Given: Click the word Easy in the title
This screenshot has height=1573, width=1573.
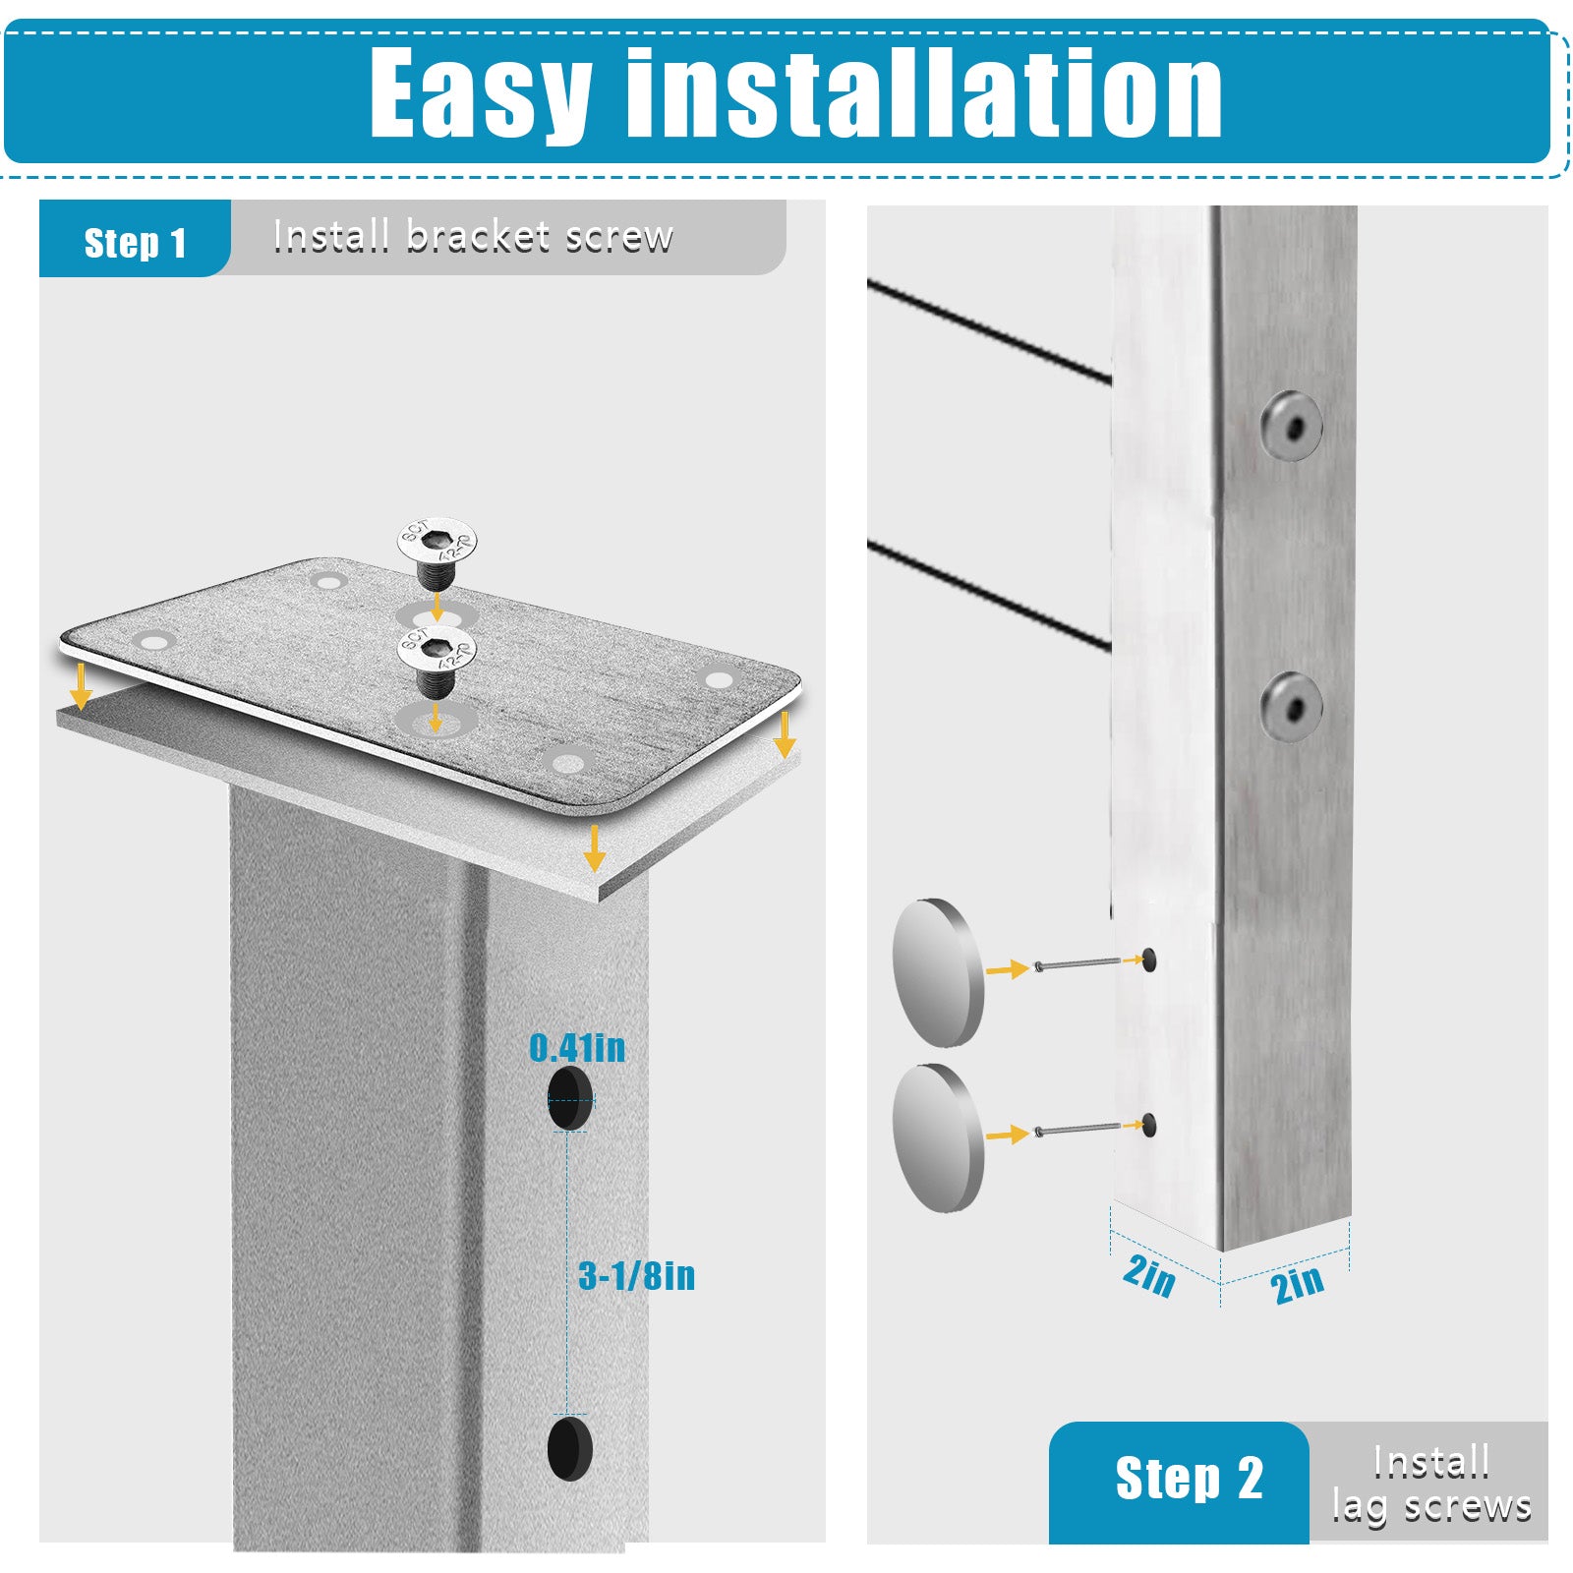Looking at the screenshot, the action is [480, 93].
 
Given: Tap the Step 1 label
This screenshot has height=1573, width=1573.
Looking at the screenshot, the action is [135, 243].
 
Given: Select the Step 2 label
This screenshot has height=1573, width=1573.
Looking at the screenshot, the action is [1189, 1478].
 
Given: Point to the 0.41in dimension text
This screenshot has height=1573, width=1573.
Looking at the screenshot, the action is [577, 1048].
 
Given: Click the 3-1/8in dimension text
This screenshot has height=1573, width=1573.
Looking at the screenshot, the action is [637, 1276].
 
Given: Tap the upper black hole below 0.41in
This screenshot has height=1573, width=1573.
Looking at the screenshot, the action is [570, 1097].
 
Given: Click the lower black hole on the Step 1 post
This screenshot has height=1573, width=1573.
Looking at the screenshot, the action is [570, 1448].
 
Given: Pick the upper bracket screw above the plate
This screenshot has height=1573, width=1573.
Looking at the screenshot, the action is [437, 550].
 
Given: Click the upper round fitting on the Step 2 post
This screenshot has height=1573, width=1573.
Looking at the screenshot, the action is [1291, 426].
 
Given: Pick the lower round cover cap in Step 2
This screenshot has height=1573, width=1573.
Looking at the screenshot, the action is [938, 1137].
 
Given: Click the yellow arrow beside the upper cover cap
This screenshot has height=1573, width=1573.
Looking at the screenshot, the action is [1007, 969].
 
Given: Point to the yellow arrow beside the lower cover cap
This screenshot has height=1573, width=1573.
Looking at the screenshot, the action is [1007, 1135].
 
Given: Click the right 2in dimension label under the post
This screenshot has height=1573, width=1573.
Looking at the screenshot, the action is [1297, 1284].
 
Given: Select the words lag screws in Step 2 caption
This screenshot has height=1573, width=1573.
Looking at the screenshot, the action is [1431, 1507].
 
